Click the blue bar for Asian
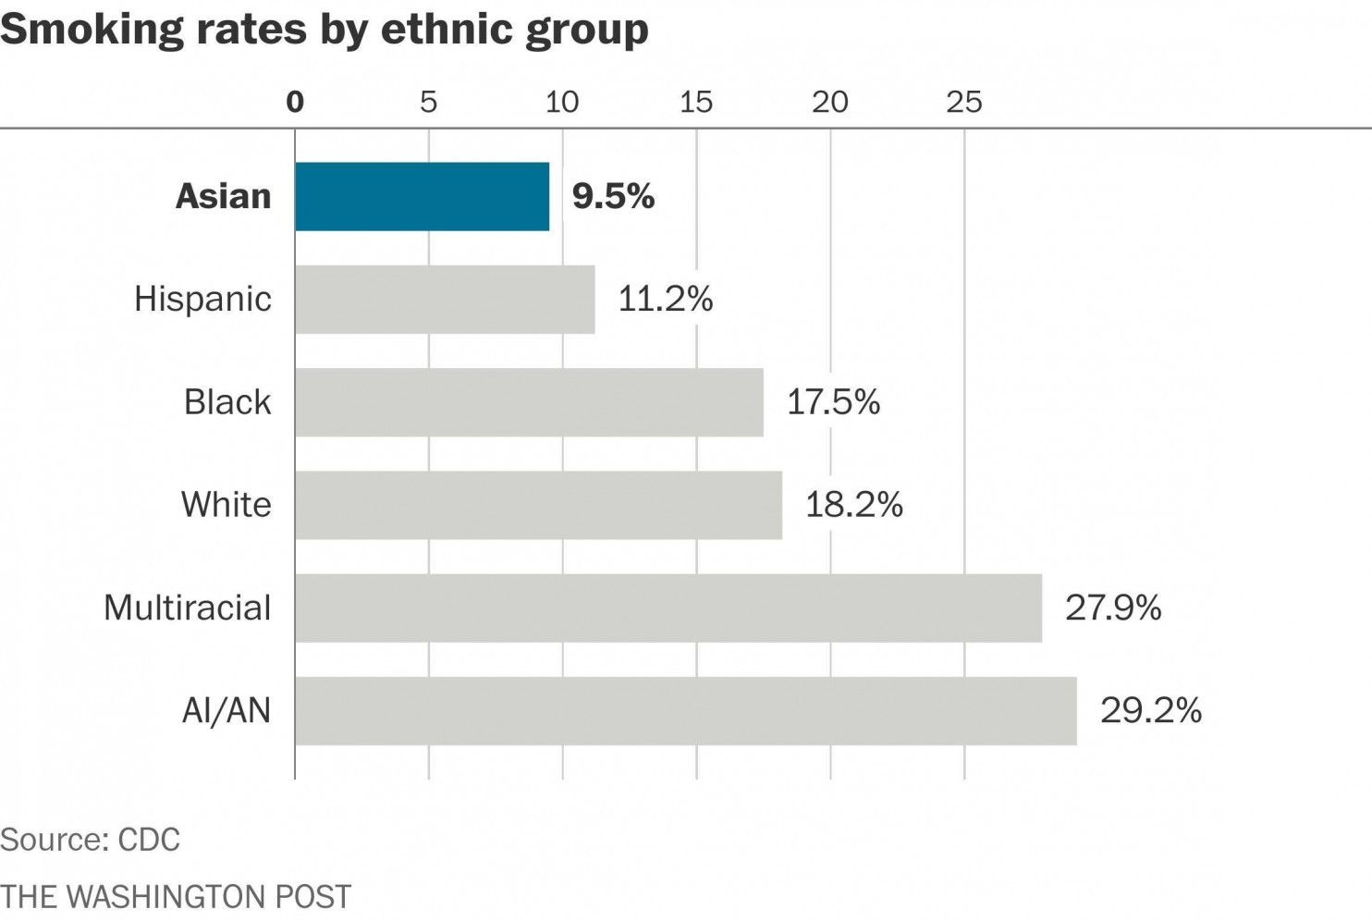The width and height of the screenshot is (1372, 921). point(422,196)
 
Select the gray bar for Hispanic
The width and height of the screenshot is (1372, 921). point(445,300)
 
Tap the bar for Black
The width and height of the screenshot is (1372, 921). point(529,402)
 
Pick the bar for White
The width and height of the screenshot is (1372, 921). point(538,505)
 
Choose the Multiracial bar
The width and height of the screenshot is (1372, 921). point(668,608)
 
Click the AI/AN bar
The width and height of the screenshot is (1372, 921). point(686,711)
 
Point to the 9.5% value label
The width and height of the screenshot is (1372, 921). point(613,196)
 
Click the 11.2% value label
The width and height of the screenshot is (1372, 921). point(665,300)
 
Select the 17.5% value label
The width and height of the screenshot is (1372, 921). point(833,402)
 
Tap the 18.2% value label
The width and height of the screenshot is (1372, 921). point(853,505)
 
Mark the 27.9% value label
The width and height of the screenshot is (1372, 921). point(1112,608)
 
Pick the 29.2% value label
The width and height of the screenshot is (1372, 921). point(1150,711)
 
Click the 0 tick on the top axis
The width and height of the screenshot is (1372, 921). point(295,102)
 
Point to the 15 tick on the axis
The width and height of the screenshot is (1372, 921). point(696,102)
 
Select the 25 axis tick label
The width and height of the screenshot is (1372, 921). point(963,102)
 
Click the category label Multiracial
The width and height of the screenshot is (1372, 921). point(187,608)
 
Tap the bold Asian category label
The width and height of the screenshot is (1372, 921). point(223,196)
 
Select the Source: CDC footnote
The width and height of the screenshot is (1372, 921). point(90,840)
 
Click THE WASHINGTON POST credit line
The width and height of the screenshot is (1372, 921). point(176,897)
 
